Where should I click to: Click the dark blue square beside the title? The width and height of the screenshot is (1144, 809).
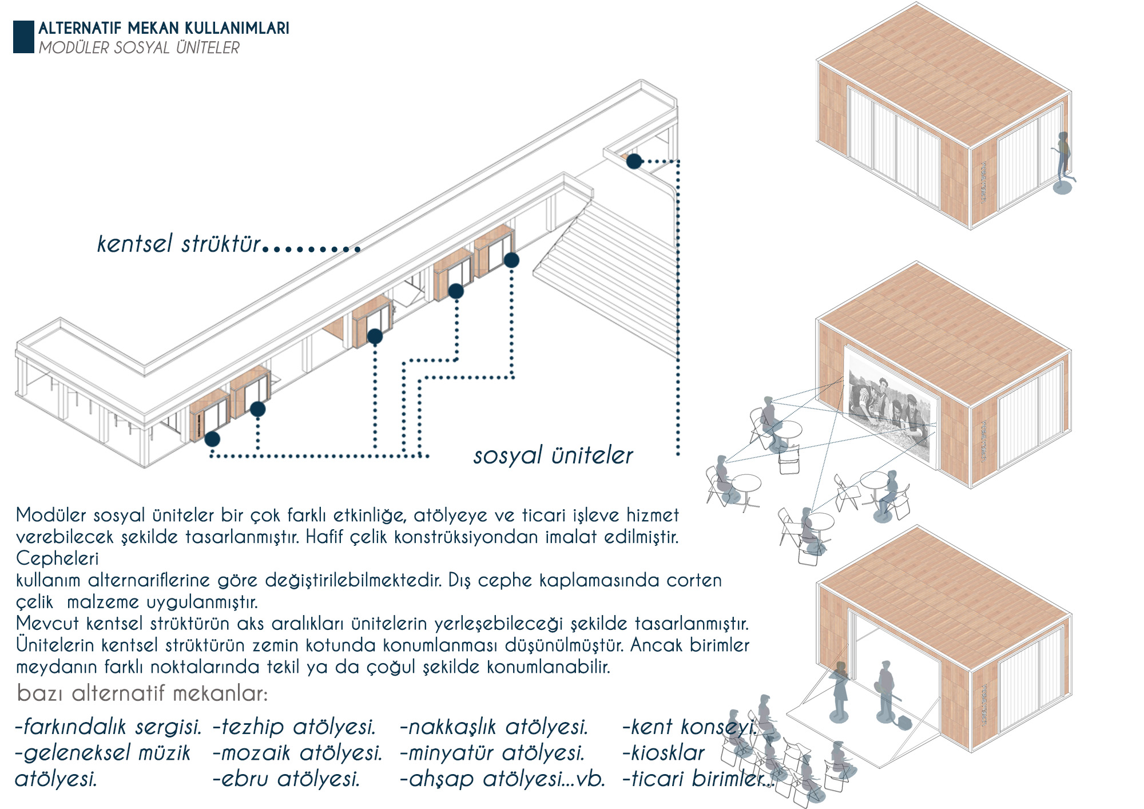23,37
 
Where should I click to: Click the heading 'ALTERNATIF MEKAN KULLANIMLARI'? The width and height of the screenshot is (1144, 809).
164,28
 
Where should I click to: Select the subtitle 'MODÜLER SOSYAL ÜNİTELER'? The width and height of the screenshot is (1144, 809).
139,47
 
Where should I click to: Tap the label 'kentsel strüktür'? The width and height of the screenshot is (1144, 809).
179,244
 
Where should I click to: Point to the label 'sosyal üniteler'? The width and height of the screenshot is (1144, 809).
553,455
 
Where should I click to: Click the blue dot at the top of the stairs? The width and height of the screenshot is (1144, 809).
634,161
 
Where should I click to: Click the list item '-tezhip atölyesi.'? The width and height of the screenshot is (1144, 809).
294,727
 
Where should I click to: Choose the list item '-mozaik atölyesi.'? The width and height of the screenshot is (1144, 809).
297,753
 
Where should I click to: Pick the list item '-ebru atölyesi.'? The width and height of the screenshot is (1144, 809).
287,779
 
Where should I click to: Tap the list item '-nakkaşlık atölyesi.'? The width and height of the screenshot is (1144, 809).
494,727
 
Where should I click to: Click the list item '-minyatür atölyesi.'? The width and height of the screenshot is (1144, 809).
492,753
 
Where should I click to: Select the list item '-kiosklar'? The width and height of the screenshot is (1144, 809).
664,753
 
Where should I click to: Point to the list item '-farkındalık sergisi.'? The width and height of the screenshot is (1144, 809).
109,727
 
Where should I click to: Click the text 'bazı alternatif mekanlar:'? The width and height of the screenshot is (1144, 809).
142,693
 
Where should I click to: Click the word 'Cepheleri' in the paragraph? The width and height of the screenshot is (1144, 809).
57,558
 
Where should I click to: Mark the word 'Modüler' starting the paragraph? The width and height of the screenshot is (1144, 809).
51,515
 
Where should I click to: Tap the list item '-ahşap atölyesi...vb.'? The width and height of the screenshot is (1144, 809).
503,779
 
